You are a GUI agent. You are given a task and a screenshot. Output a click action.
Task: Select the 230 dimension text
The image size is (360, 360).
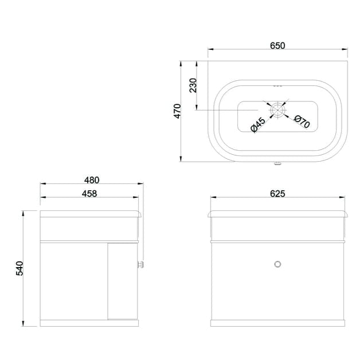click(x=193, y=85)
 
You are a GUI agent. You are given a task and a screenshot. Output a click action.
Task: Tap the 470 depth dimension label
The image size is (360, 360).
click(x=178, y=111)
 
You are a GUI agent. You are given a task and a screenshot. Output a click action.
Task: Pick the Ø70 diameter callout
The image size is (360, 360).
click(x=301, y=121)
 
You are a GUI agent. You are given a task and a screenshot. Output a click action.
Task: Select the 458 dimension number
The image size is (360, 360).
click(x=89, y=193)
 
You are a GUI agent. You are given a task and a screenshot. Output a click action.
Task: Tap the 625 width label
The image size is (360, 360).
click(x=277, y=193)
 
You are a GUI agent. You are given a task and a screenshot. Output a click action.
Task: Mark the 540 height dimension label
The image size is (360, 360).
click(x=19, y=268)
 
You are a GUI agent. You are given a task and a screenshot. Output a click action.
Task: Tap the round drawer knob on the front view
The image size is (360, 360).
click(x=278, y=264)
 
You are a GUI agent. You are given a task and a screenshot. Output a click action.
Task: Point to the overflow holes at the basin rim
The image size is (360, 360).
click(x=278, y=85)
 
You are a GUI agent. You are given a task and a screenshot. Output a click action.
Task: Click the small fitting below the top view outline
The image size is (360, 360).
click(x=278, y=166)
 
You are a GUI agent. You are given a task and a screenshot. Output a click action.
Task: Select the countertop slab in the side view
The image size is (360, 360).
click(x=90, y=214)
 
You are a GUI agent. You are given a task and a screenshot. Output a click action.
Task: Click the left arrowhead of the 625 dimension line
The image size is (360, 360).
click(x=211, y=199)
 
